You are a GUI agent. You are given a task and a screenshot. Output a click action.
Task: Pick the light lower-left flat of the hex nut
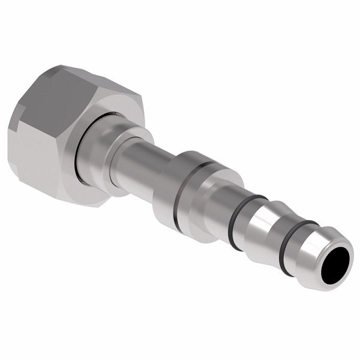click(x=33, y=156)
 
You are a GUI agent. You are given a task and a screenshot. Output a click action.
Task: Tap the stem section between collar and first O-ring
click(x=222, y=207)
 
